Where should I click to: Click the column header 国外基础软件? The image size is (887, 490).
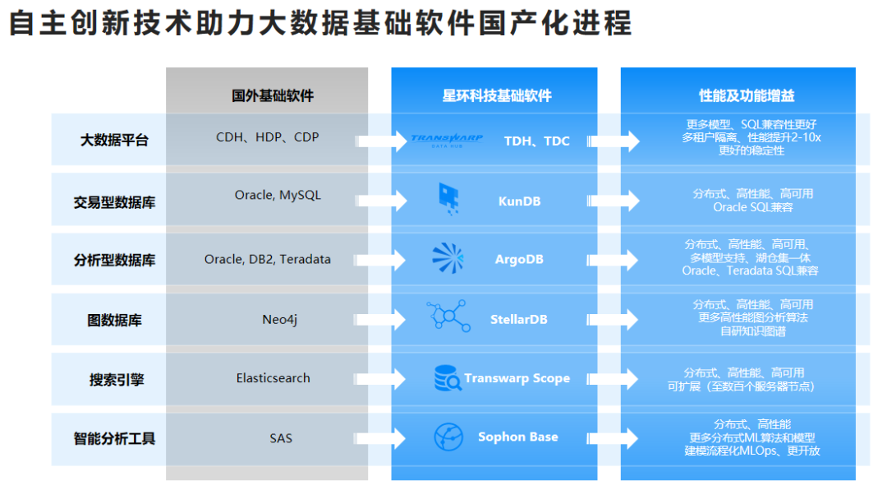(x=272, y=95)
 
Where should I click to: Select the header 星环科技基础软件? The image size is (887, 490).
(x=497, y=95)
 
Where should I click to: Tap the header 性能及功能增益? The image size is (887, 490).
(x=747, y=95)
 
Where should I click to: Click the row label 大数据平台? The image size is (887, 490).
(x=114, y=140)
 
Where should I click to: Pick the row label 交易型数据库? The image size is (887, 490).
(x=114, y=202)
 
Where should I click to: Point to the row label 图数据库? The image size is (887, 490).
(x=114, y=320)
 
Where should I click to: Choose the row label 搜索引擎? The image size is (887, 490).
(x=117, y=380)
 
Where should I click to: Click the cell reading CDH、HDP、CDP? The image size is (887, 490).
(x=268, y=137)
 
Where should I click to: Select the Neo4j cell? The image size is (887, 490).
(x=279, y=320)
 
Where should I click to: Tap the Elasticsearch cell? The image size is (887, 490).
(x=273, y=378)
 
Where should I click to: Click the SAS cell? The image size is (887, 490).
(x=281, y=438)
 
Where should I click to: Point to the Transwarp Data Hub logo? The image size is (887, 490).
(x=447, y=141)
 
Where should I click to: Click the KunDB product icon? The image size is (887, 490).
(x=449, y=199)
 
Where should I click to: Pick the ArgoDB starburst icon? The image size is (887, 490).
(x=448, y=258)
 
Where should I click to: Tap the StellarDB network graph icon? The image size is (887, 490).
(x=448, y=316)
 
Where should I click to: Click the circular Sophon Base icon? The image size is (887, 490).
(x=448, y=437)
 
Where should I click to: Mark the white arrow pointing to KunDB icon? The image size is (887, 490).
(x=382, y=201)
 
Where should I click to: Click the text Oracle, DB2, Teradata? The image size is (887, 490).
(x=268, y=259)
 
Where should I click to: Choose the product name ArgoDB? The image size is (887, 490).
(x=519, y=259)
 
